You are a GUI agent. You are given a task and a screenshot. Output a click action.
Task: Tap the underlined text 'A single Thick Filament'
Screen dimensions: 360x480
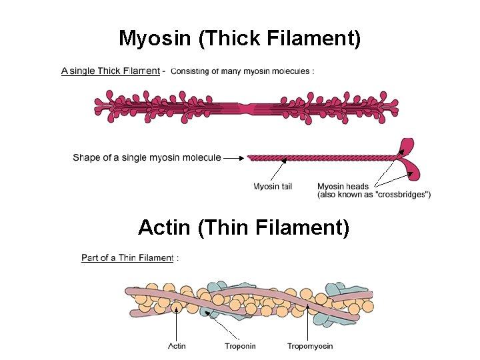pyautogui.click(x=110, y=71)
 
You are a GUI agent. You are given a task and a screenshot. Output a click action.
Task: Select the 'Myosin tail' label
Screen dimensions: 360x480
pyautogui.click(x=272, y=187)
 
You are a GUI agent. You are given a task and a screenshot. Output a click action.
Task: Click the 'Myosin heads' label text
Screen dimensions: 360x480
pyautogui.click(x=343, y=187)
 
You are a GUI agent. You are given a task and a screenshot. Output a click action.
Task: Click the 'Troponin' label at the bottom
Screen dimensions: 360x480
pyautogui.click(x=240, y=346)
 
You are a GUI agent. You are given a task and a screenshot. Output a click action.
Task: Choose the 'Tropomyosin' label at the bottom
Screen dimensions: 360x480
pyautogui.click(x=310, y=346)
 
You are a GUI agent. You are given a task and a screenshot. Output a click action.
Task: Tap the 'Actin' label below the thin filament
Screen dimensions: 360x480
pyautogui.click(x=177, y=346)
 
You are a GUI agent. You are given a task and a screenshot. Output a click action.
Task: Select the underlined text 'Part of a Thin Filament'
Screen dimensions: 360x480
pyautogui.click(x=127, y=258)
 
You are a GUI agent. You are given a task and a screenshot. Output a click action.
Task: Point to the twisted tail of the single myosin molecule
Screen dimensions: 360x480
pyautogui.click(x=320, y=159)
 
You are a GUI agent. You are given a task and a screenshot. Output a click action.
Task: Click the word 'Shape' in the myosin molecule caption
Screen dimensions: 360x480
pyautogui.click(x=87, y=158)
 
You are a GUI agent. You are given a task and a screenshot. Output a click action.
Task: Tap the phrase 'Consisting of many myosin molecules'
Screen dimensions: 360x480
pyautogui.click(x=243, y=71)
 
